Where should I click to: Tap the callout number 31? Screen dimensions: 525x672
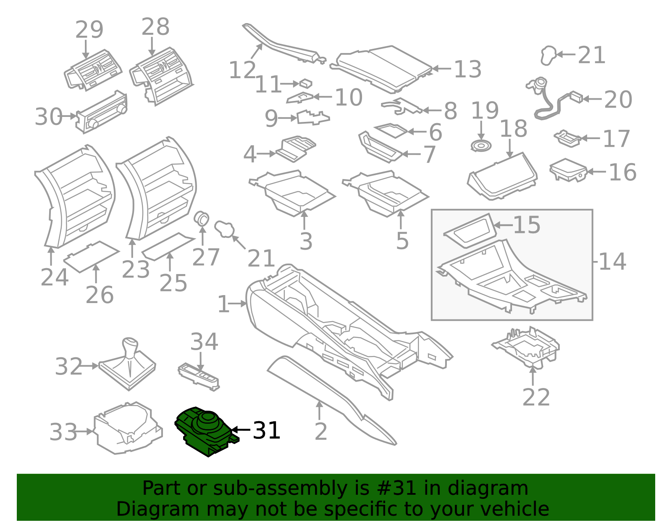(267, 431)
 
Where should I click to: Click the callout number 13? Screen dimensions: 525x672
(467, 69)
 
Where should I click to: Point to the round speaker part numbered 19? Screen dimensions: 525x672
(481, 145)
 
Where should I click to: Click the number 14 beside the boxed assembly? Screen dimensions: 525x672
(612, 261)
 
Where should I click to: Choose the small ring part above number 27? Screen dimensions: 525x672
(202, 219)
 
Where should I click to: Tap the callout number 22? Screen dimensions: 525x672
(536, 398)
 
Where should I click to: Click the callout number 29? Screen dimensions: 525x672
(89, 29)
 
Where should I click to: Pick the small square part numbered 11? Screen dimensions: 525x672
(306, 83)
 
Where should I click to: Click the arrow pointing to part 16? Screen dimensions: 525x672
(596, 171)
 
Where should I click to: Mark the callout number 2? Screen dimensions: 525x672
(321, 432)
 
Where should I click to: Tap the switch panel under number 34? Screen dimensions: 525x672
(199, 375)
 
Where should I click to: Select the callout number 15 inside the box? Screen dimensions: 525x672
(527, 225)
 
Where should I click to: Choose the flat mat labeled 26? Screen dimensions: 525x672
(92, 256)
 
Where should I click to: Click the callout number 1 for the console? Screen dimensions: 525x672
(223, 304)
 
